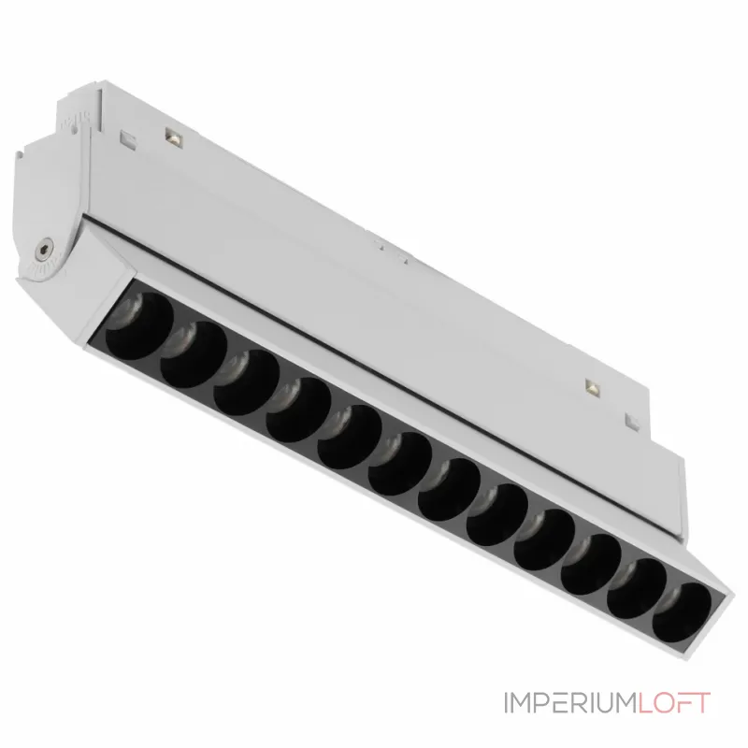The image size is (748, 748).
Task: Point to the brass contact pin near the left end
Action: click(172, 137)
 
